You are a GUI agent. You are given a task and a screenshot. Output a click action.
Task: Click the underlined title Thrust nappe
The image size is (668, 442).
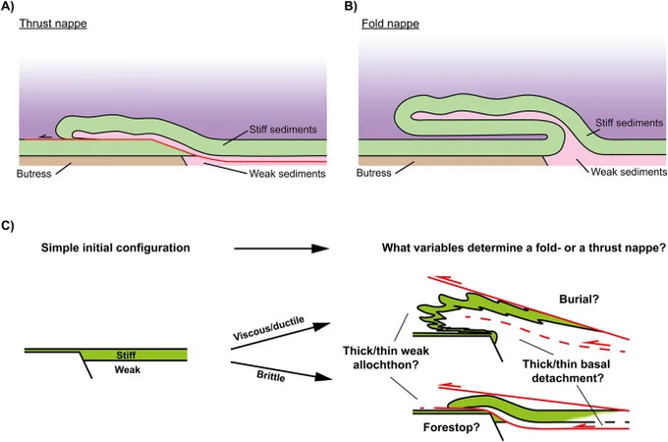[53, 24]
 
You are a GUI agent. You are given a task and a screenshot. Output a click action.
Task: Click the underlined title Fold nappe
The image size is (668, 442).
[390, 24]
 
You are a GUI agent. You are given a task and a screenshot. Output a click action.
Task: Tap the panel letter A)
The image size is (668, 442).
[7, 7]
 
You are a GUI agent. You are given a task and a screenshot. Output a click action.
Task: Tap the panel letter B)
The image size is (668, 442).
[350, 7]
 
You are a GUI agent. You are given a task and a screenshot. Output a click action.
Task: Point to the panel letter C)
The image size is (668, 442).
[7, 226]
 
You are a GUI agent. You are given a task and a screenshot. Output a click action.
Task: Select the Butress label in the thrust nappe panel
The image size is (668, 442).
[33, 174]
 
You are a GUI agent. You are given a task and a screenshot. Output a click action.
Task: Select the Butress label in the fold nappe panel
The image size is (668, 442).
[373, 173]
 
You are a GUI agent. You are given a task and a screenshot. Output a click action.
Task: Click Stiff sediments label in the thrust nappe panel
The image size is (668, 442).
[283, 130]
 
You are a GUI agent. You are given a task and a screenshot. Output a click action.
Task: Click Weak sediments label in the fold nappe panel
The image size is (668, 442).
[629, 172]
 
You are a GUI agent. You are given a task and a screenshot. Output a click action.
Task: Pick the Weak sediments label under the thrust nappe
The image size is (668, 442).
[287, 174]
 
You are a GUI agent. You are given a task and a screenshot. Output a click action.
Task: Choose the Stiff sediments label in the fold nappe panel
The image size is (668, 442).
[630, 123]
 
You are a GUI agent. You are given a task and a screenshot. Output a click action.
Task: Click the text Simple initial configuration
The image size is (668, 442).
[116, 248]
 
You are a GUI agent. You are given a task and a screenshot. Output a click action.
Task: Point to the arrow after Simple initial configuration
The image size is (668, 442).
[281, 249]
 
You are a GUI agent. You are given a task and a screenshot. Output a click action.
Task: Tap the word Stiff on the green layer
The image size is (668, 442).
[126, 356]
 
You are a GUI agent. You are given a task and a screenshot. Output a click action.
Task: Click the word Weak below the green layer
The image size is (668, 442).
[128, 369]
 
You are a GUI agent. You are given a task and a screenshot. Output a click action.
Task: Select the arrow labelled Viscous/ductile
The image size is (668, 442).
[280, 336]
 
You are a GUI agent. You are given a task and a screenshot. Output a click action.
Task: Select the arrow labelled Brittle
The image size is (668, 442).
[281, 370]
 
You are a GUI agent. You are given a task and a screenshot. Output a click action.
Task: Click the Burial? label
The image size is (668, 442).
[579, 300]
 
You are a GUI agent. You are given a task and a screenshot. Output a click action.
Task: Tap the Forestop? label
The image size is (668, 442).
[452, 427]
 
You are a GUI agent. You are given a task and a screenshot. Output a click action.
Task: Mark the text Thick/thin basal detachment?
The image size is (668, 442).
[567, 371]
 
